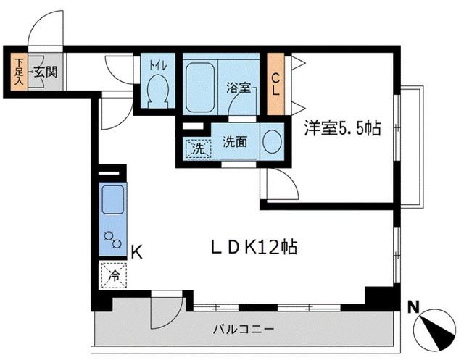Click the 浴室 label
[x=237, y=88]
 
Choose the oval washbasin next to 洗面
[x=272, y=142]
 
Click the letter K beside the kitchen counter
[x=136, y=252]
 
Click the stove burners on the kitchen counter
[x=112, y=238]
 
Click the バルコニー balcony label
[x=243, y=329]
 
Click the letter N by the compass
[x=412, y=306]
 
